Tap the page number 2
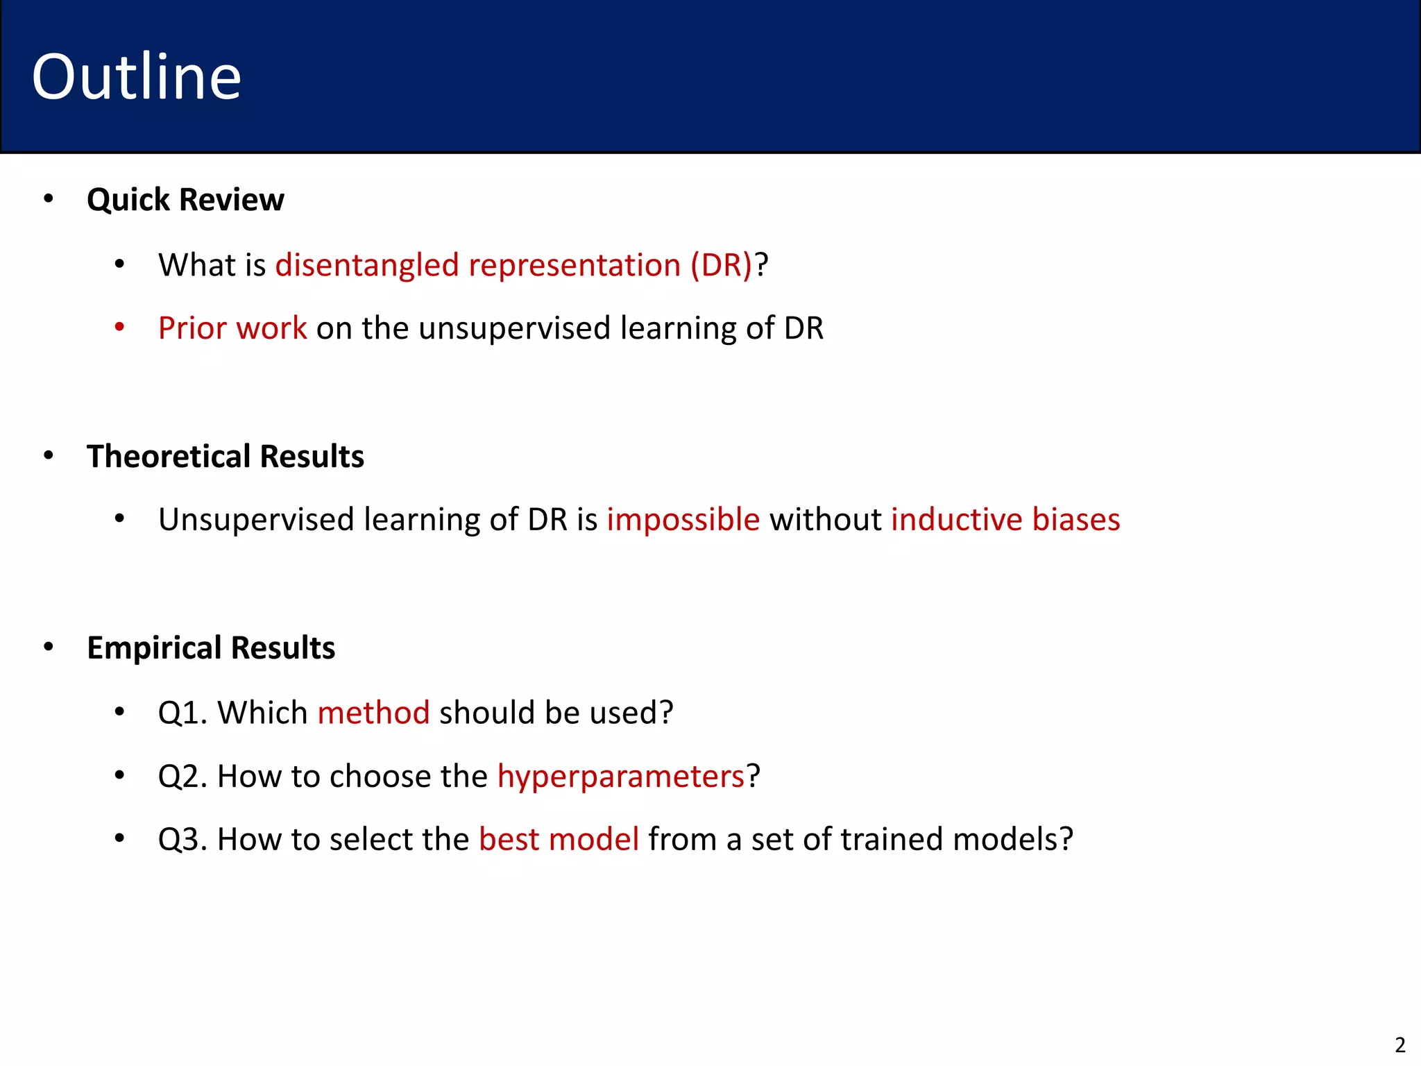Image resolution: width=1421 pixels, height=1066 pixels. [x=1399, y=1044]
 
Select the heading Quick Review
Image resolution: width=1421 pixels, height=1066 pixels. [x=185, y=200]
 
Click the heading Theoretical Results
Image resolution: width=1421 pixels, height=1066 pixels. [x=225, y=457]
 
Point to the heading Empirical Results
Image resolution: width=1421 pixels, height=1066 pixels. [x=211, y=648]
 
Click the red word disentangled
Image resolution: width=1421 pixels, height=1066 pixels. [x=367, y=266]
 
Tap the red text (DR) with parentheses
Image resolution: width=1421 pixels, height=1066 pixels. [x=721, y=266]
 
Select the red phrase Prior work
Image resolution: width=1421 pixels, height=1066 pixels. [x=232, y=328]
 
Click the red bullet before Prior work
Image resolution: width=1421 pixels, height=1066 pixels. [x=119, y=327]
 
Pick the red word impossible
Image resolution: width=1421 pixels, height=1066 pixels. [x=683, y=520]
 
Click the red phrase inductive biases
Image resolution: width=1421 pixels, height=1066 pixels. [x=1005, y=520]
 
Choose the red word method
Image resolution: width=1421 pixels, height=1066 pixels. [x=373, y=713]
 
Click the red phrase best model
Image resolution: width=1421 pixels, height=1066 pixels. [x=559, y=839]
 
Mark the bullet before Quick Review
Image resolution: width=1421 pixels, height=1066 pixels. [x=48, y=199]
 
